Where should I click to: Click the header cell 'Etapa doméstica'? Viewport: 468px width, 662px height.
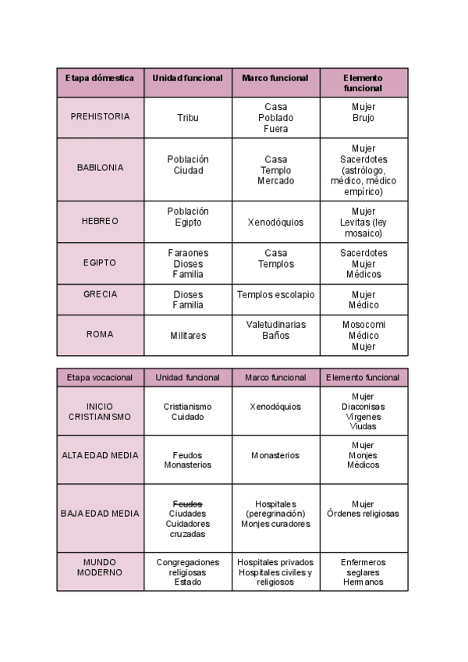[x=100, y=78]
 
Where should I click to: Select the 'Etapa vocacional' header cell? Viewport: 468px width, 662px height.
[x=100, y=378]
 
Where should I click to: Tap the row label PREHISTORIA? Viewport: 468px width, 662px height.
[x=100, y=117]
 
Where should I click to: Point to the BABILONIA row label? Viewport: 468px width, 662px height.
[x=100, y=168]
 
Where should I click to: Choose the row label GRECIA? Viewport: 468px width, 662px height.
[x=100, y=294]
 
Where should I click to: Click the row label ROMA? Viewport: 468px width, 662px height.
[x=100, y=334]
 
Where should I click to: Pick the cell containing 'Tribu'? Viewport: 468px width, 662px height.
[x=188, y=118]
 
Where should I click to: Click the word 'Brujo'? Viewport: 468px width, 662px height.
[x=363, y=119]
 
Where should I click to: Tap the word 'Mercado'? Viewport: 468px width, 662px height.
[x=276, y=181]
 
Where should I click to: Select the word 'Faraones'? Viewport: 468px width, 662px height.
[x=188, y=253]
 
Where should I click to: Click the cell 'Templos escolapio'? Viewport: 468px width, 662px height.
[x=276, y=295]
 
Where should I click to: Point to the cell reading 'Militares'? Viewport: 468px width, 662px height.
[x=188, y=336]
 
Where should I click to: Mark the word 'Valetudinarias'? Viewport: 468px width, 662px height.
[x=276, y=325]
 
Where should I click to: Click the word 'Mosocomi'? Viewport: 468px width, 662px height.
[x=363, y=325]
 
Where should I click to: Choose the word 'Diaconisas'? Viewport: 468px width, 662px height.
[x=363, y=407]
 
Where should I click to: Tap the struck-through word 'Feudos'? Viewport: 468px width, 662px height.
[x=187, y=504]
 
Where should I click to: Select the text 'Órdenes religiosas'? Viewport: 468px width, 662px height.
[x=363, y=514]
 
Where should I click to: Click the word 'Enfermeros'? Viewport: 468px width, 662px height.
[x=363, y=562]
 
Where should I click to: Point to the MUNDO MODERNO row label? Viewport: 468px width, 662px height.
[x=100, y=568]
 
